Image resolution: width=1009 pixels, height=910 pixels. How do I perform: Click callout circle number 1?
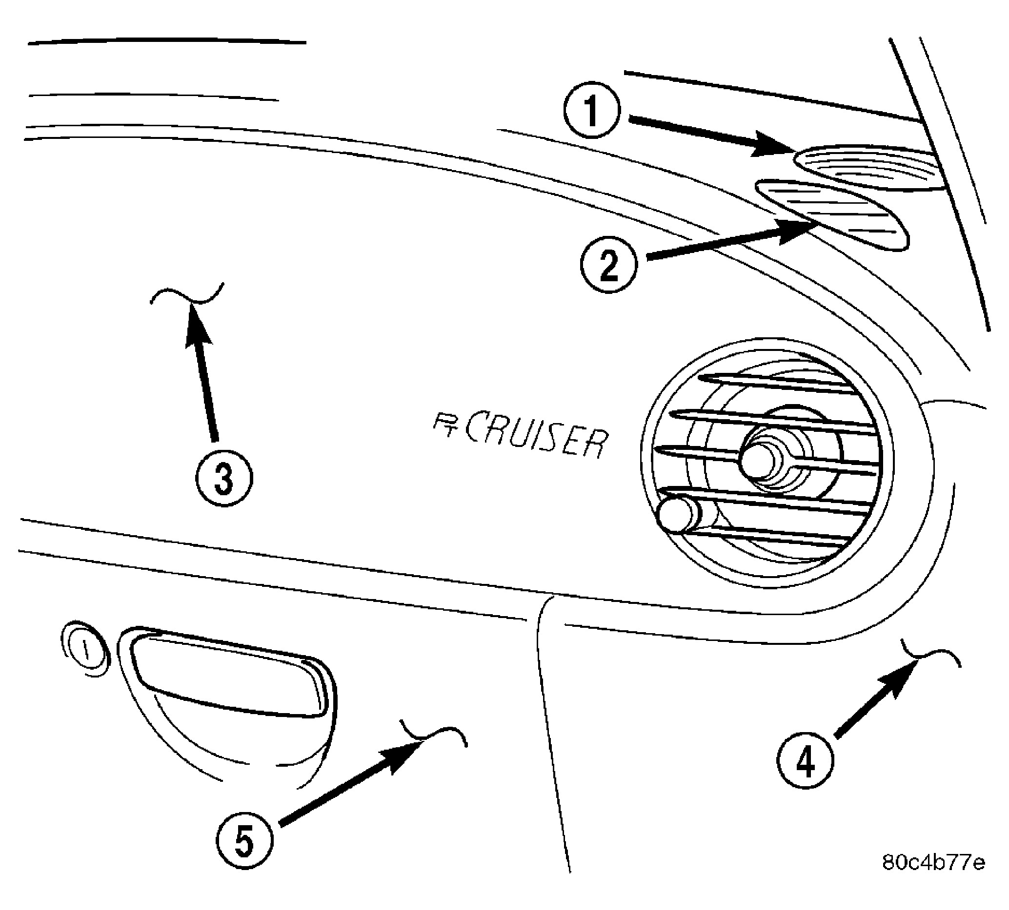(592, 110)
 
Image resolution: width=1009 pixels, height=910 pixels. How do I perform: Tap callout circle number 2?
(608, 266)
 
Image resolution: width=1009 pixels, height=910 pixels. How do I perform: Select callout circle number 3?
(224, 479)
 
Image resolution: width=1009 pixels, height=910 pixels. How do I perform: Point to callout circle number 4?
(806, 761)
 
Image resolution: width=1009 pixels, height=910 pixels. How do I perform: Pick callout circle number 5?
(245, 841)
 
